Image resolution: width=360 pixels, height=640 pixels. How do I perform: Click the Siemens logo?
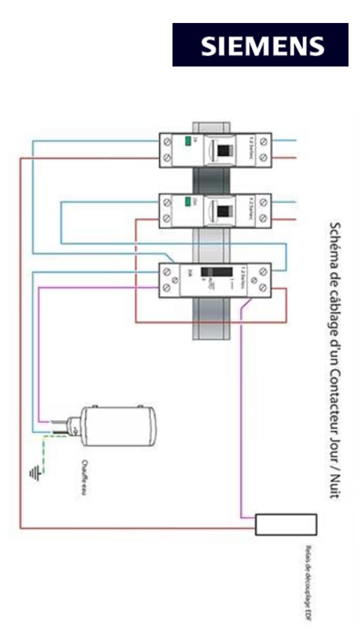pyautogui.click(x=260, y=45)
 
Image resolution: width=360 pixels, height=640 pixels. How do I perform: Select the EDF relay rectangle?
pyautogui.click(x=286, y=524)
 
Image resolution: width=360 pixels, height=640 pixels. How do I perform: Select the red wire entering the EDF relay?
pyautogui.click(x=150, y=528)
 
